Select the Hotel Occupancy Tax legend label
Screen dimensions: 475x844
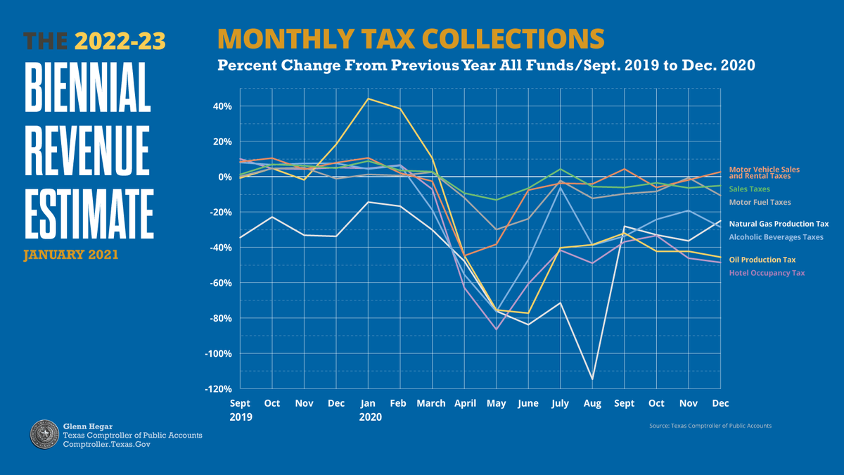point(767,272)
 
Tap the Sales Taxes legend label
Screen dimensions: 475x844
point(749,189)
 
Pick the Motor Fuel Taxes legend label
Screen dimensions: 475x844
point(760,202)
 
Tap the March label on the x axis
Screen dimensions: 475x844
point(431,403)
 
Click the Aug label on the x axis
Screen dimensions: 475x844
point(592,403)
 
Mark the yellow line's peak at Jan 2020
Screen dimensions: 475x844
point(368,99)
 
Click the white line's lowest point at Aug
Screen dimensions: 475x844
point(593,379)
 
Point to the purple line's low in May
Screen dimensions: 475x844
point(497,329)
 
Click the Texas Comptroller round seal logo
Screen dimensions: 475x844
point(44,434)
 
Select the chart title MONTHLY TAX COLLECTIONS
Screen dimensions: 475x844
point(410,39)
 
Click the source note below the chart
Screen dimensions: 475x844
point(711,426)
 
